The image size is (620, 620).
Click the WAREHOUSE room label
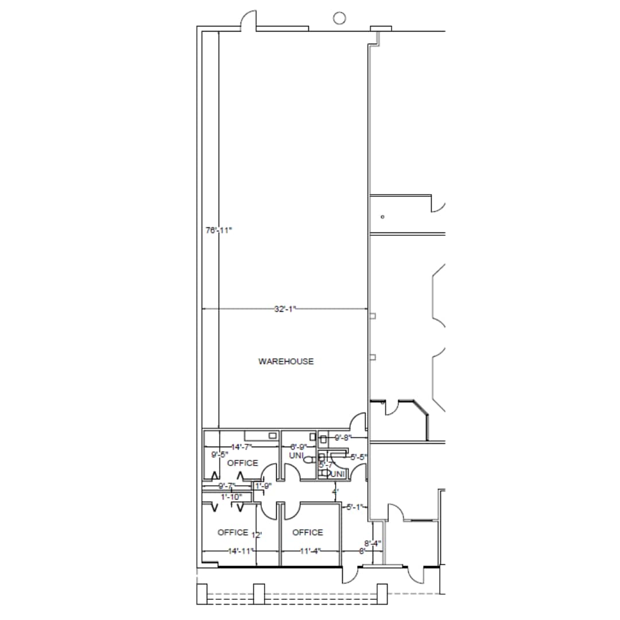click(286, 362)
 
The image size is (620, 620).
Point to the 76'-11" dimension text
click(218, 230)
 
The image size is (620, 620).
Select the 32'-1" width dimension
click(284, 309)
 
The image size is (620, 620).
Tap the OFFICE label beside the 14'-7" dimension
click(243, 463)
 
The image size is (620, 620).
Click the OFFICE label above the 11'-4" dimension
click(308, 533)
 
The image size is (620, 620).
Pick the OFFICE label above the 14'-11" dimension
click(233, 533)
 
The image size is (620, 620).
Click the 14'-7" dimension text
click(242, 447)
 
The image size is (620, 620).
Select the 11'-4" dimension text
click(310, 551)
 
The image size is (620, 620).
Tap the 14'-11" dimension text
click(241, 551)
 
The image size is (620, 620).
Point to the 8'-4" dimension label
click(373, 542)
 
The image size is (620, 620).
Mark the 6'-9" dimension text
click(299, 447)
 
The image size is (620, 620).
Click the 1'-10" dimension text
click(231, 497)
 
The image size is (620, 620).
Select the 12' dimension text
click(257, 535)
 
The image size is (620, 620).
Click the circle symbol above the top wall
click(339, 18)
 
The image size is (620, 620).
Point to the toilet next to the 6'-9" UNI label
click(309, 460)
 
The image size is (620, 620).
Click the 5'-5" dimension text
click(359, 457)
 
